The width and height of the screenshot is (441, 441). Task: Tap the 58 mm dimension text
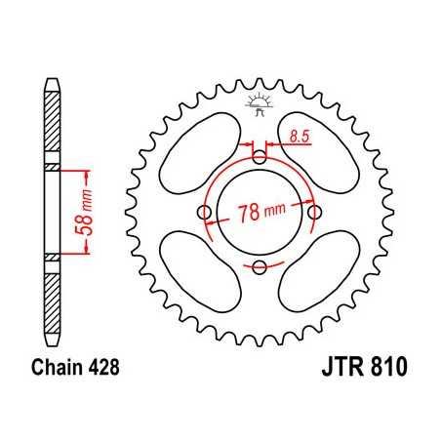[90, 212]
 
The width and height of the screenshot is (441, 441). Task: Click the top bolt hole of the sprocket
[259, 157]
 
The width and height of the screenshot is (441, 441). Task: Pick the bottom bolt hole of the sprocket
[259, 267]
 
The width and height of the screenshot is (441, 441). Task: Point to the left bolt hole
[203, 213]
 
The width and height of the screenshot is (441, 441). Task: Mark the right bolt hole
[314, 213]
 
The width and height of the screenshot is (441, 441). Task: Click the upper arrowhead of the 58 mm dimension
[89, 175]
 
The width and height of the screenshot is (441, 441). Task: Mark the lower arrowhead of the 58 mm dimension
[89, 251]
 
